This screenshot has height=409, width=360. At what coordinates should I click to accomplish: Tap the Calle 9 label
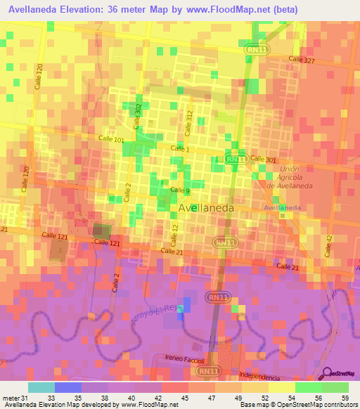coord(181,190)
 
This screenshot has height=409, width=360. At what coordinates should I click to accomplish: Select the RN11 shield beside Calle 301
coord(236,160)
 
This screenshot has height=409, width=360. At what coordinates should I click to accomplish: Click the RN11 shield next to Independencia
coord(207,370)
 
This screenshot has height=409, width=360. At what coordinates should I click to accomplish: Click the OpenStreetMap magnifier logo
coord(326,373)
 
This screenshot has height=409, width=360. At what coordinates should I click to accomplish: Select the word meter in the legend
coord(11,398)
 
